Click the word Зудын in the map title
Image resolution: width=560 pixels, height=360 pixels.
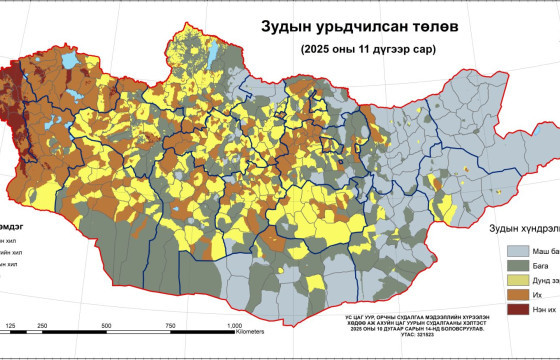pyautogui.click(x=286, y=28)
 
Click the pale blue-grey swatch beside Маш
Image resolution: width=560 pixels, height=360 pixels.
pyautogui.click(x=517, y=252)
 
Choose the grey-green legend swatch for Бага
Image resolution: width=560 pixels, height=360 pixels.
pyautogui.click(x=517, y=267)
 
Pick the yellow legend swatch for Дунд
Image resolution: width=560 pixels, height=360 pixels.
pyautogui.click(x=517, y=282)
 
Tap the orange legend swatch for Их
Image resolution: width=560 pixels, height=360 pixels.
pyautogui.click(x=517, y=297)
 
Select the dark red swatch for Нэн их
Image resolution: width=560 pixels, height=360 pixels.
pyautogui.click(x=517, y=312)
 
